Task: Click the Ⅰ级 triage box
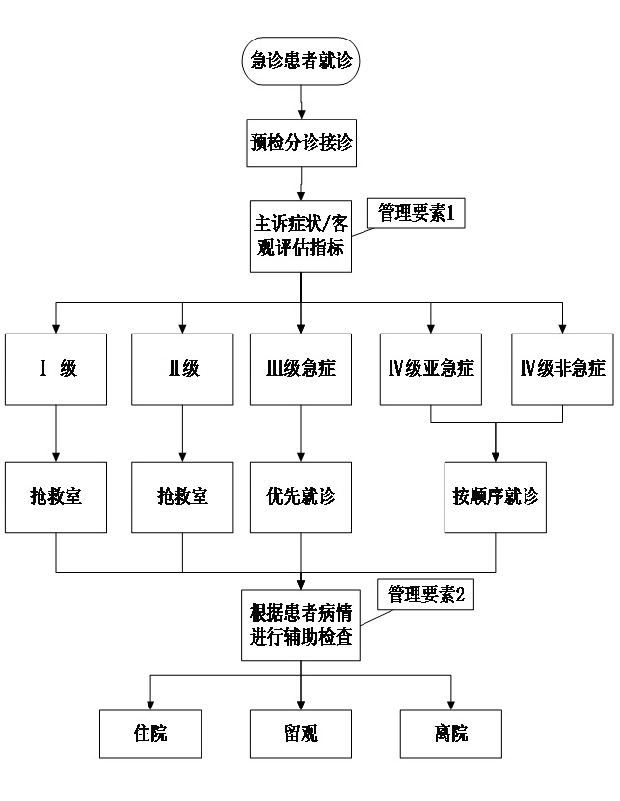tap(56, 369)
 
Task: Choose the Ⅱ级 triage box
tap(182, 369)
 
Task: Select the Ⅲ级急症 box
tap(302, 369)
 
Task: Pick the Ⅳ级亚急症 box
tap(430, 369)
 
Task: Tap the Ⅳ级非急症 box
tap(562, 369)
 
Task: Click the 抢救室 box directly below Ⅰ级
tap(56, 496)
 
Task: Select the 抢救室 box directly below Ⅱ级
tap(182, 496)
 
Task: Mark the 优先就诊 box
tap(302, 496)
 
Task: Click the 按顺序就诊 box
tap(496, 496)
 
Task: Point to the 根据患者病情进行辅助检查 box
tap(302, 625)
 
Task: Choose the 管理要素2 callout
tap(426, 594)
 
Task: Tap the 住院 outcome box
tap(150, 734)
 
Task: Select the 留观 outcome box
tap(302, 734)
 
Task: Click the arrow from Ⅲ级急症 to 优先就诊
tap(302, 433)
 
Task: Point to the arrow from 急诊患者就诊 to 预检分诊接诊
tap(302, 101)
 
